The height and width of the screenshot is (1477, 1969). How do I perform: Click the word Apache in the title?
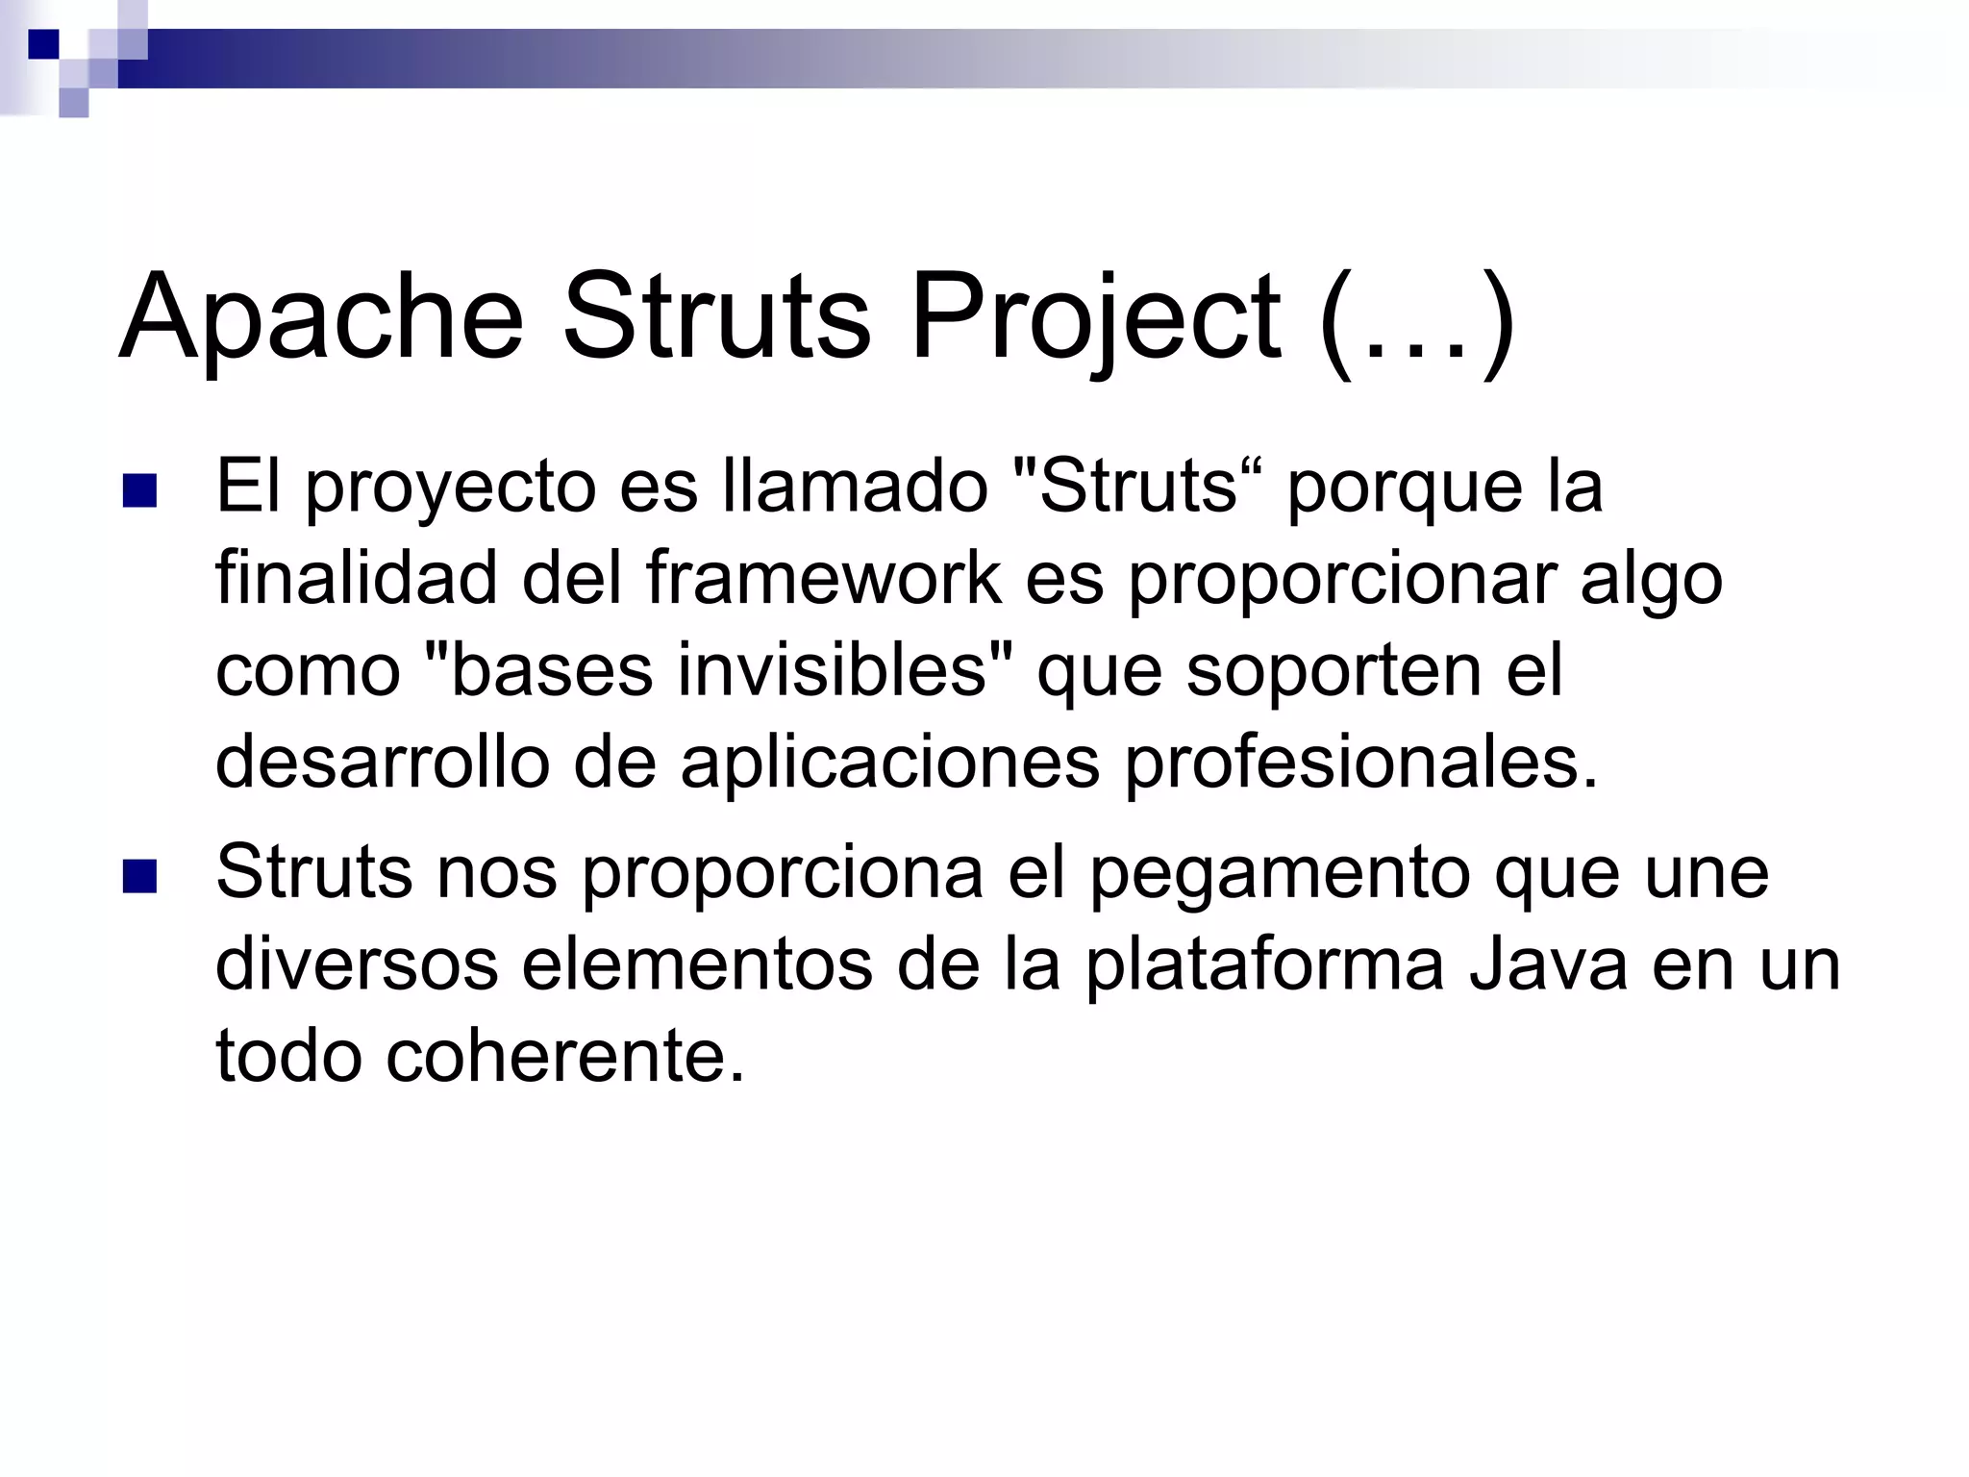click(321, 317)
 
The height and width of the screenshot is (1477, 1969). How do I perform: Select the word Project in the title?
click(1096, 317)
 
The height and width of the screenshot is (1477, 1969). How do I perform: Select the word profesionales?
click(1359, 764)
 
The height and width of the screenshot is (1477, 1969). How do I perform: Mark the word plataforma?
click(1265, 965)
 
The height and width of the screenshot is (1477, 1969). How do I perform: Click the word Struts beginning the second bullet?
click(313, 873)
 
